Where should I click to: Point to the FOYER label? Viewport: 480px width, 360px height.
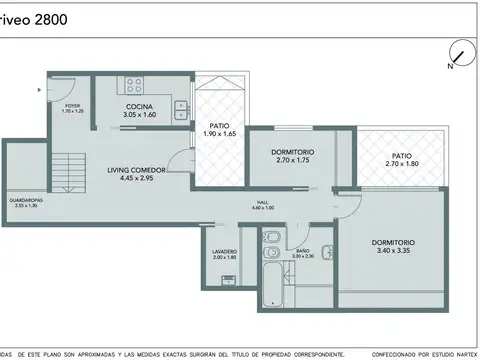point(72,105)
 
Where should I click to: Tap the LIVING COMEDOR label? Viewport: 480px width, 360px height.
point(136,171)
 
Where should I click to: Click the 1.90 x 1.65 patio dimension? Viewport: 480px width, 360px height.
point(218,133)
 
